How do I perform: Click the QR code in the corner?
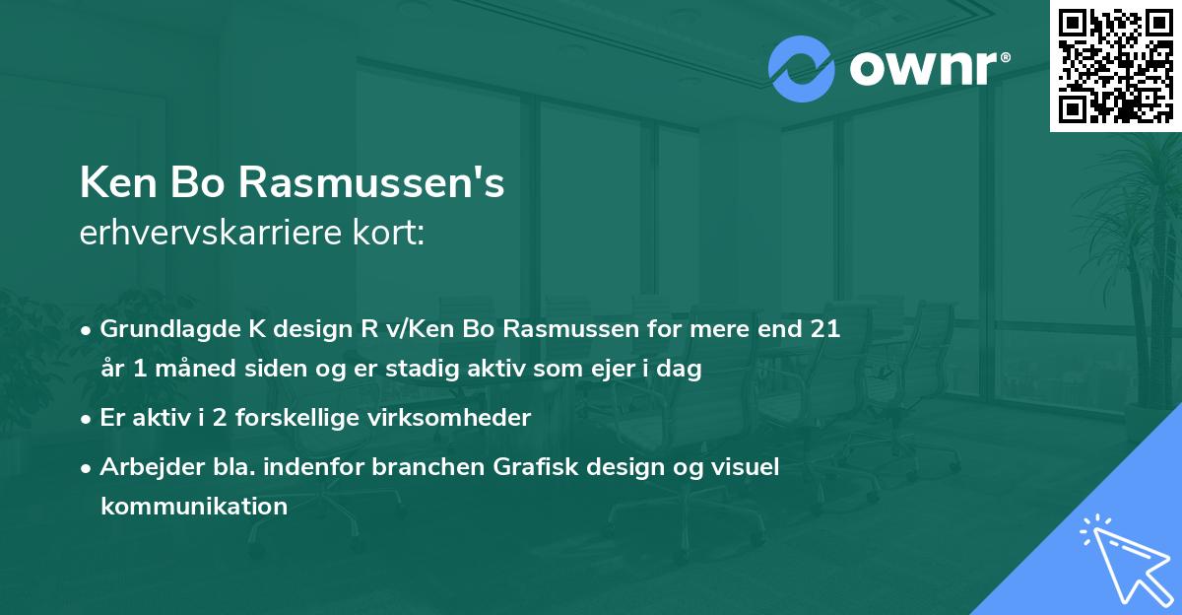[x=1115, y=66]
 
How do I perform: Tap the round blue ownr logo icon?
[x=802, y=69]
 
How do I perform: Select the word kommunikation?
[x=194, y=507]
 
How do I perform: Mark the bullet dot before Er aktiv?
[x=88, y=419]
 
